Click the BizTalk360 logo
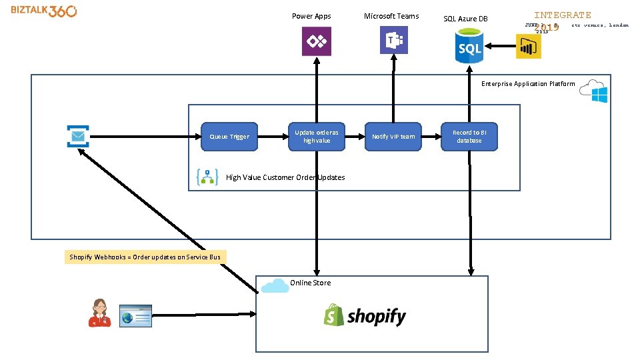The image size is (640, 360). (43, 11)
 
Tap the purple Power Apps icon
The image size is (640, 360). (316, 41)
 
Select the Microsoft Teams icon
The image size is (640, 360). (393, 40)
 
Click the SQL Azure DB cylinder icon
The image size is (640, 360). (469, 47)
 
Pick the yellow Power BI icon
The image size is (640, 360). (529, 46)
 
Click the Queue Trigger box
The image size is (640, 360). (229, 137)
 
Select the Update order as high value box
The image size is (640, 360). (317, 137)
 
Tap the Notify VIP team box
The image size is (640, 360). (393, 137)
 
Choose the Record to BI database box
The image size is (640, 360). (469, 137)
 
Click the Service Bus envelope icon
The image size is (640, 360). (77, 136)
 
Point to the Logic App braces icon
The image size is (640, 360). (208, 177)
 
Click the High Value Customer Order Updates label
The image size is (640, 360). (285, 177)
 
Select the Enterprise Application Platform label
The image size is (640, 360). (528, 84)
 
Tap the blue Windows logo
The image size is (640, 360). (599, 95)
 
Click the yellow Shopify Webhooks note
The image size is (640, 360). (145, 257)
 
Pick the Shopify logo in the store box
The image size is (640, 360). (365, 315)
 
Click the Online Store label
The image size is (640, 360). (310, 283)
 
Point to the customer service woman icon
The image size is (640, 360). (100, 313)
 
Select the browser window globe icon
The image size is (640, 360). (135, 316)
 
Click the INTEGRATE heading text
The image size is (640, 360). (562, 15)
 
